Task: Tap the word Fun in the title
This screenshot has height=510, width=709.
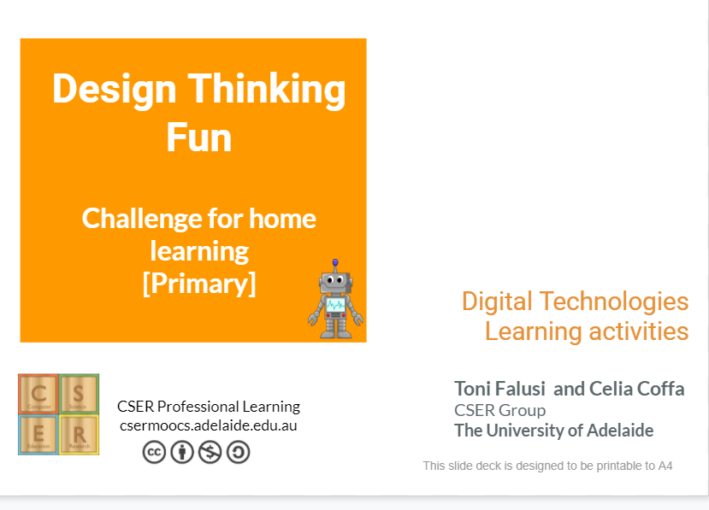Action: point(198,137)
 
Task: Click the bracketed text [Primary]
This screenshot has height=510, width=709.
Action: point(198,283)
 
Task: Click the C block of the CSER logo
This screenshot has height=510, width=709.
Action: point(38,394)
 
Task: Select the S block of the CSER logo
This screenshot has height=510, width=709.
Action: point(79,394)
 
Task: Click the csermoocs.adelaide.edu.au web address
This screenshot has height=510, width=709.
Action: point(209,425)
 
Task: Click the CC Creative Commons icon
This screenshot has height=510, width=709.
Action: point(154,452)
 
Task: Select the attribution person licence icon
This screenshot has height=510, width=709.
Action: point(182,452)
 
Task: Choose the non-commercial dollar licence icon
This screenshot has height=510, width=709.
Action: point(210,452)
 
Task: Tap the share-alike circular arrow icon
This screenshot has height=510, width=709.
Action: point(238,452)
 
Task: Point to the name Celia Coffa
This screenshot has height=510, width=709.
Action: point(636,389)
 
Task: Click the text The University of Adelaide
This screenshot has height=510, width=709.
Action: point(553,431)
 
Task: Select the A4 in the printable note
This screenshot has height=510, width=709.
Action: point(665,466)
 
